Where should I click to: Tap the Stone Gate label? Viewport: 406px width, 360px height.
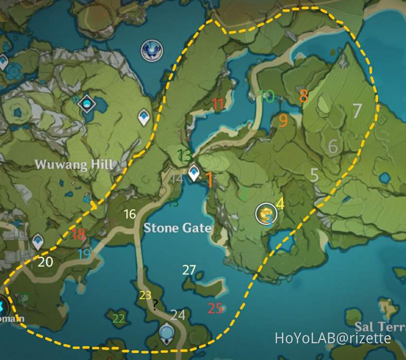point(177,227)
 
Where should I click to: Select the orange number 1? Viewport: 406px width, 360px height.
point(210,179)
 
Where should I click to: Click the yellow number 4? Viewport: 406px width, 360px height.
point(280,203)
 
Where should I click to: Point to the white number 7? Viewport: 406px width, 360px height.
point(357,110)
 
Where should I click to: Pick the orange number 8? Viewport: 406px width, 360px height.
point(303,95)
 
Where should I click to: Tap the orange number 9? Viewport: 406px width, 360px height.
point(283,120)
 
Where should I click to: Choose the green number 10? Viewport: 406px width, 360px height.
point(266,96)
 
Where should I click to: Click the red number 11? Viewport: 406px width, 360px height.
point(218,104)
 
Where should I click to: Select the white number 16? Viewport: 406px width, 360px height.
point(129,214)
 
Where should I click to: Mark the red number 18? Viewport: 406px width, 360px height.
point(78,234)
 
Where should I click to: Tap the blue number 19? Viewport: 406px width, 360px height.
point(84,253)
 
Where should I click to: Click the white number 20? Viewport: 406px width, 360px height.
point(45,262)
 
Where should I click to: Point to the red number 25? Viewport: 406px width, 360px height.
point(215,308)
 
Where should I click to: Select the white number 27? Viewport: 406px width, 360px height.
point(189,270)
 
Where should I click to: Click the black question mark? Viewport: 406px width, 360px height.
point(155,306)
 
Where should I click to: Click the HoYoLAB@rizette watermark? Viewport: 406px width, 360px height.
point(333,338)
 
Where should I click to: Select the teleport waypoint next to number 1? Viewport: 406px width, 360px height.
point(194,172)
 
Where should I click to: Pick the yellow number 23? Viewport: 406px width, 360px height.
point(145,295)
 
